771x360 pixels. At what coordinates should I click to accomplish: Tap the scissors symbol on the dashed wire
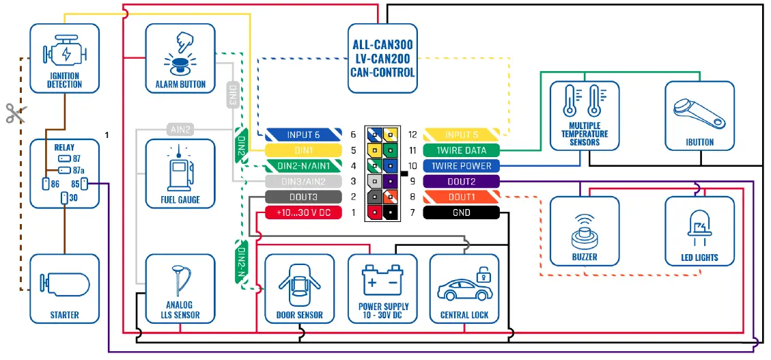click(15, 113)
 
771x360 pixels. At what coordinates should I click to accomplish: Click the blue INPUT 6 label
click(303, 135)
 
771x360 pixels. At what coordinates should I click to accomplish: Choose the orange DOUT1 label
click(461, 197)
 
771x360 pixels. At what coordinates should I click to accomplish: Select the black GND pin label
click(461, 212)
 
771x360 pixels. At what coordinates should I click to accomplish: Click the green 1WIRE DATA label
click(461, 150)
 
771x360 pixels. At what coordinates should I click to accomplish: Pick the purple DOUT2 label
click(461, 182)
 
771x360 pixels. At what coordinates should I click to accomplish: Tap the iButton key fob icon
click(699, 113)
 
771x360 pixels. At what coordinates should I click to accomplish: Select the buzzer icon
click(585, 232)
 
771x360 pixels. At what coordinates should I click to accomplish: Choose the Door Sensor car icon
click(299, 285)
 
